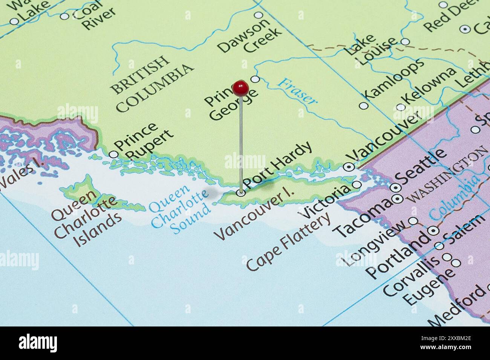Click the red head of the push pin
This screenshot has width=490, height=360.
coord(240,88)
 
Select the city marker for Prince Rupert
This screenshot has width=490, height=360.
coord(113,154)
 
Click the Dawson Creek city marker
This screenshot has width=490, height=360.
coord(259,15)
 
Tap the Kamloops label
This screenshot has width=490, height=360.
coord(394,80)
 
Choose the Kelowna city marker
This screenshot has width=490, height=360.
coord(401,107)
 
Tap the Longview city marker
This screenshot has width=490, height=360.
coord(413,221)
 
